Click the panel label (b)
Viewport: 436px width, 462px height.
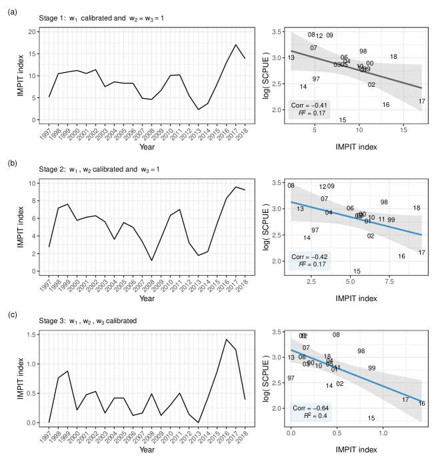(12, 161)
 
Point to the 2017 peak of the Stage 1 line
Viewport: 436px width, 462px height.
(235, 45)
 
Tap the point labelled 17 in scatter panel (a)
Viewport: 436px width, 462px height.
(421, 101)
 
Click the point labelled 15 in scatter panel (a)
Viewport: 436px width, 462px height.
(342, 120)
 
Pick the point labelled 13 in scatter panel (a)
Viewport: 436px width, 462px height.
(291, 58)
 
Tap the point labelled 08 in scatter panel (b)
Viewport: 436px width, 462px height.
(291, 186)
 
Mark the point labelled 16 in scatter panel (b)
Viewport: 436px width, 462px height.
(401, 256)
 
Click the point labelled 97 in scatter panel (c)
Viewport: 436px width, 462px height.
(291, 379)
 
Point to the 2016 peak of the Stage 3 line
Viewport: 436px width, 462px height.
(227, 339)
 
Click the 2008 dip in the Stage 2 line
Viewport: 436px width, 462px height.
(152, 260)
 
